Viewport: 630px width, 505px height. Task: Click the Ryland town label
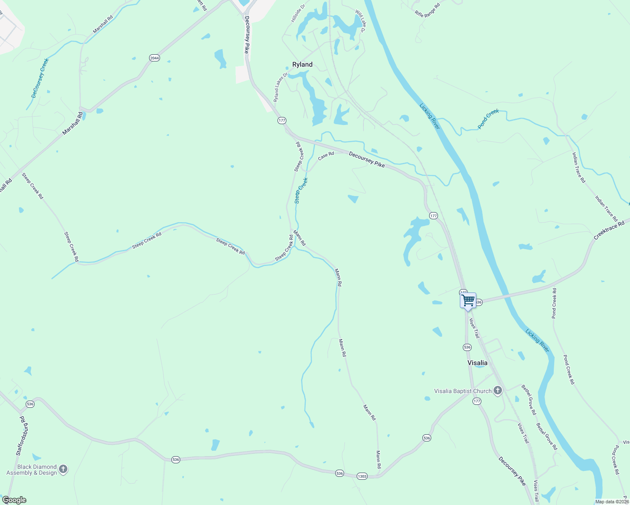pos(302,64)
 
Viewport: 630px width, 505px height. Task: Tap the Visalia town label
pos(478,363)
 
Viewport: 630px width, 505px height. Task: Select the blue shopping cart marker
pos(468,300)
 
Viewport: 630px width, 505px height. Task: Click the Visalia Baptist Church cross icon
pos(498,391)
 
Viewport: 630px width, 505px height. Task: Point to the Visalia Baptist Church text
pos(463,391)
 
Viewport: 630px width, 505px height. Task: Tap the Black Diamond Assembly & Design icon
pos(63,469)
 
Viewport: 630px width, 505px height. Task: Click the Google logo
pos(14,500)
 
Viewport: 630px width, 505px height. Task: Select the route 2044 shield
pos(155,58)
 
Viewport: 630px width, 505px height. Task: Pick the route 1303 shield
pos(362,476)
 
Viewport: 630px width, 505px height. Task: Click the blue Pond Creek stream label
pos(488,119)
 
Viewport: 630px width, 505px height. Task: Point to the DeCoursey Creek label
pos(40,78)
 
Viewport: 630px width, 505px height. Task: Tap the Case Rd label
pos(326,156)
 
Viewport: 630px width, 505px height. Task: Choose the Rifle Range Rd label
pos(427,10)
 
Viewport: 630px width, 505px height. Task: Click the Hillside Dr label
pos(298,13)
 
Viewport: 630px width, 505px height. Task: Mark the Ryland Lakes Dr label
pos(280,87)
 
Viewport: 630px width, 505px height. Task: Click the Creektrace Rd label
pos(609,231)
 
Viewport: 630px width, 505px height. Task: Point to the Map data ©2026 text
pos(612,502)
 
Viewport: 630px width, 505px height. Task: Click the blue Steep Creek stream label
pos(301,191)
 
